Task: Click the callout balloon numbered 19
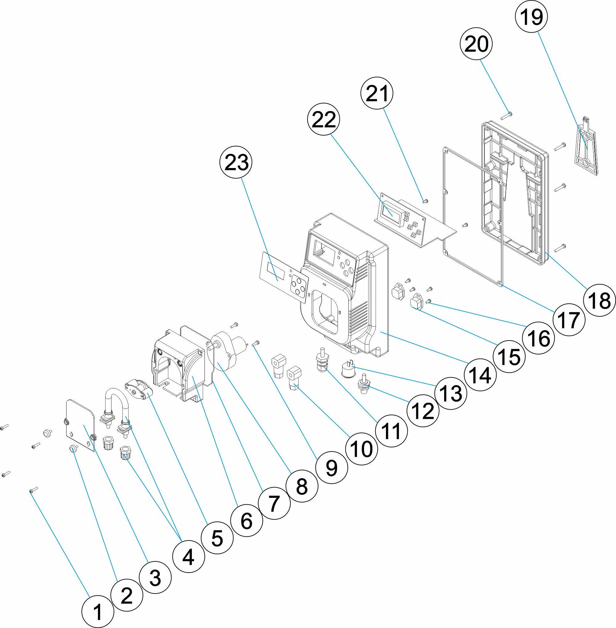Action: click(531, 17)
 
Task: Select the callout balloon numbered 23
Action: click(236, 162)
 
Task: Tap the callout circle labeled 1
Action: click(97, 611)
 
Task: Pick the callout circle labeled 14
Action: click(480, 375)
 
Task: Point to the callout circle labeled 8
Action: click(302, 486)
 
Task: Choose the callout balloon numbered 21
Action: click(377, 93)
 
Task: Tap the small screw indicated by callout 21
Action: click(425, 201)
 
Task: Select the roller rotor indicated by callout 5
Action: click(137, 388)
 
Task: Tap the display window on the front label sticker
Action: click(276, 271)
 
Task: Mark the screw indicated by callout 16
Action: click(428, 302)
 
